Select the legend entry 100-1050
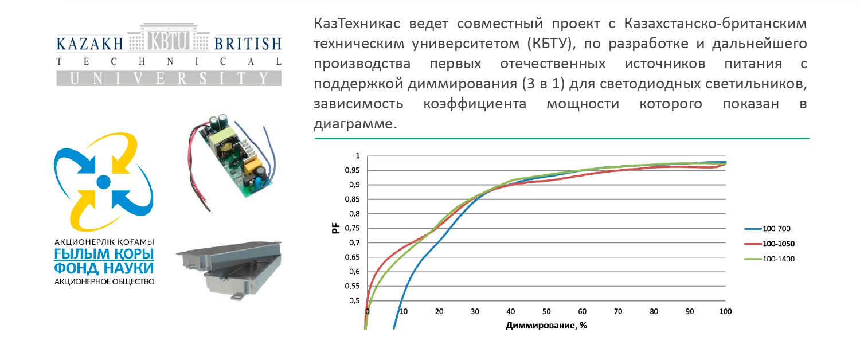(769, 244)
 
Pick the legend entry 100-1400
(769, 259)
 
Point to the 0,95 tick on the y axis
(352, 170)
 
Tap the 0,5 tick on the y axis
(354, 300)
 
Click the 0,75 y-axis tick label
(352, 228)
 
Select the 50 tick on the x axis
(546, 311)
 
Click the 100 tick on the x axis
(725, 311)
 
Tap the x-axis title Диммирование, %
(546, 326)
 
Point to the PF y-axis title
(336, 228)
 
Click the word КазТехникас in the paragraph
(357, 24)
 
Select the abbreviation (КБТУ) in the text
(552, 44)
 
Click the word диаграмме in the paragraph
(355, 124)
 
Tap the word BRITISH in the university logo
(248, 44)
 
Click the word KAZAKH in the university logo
(90, 44)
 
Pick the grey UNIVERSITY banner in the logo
(169, 79)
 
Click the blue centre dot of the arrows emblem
(103, 182)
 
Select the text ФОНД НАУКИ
(104, 268)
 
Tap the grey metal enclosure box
(229, 269)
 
